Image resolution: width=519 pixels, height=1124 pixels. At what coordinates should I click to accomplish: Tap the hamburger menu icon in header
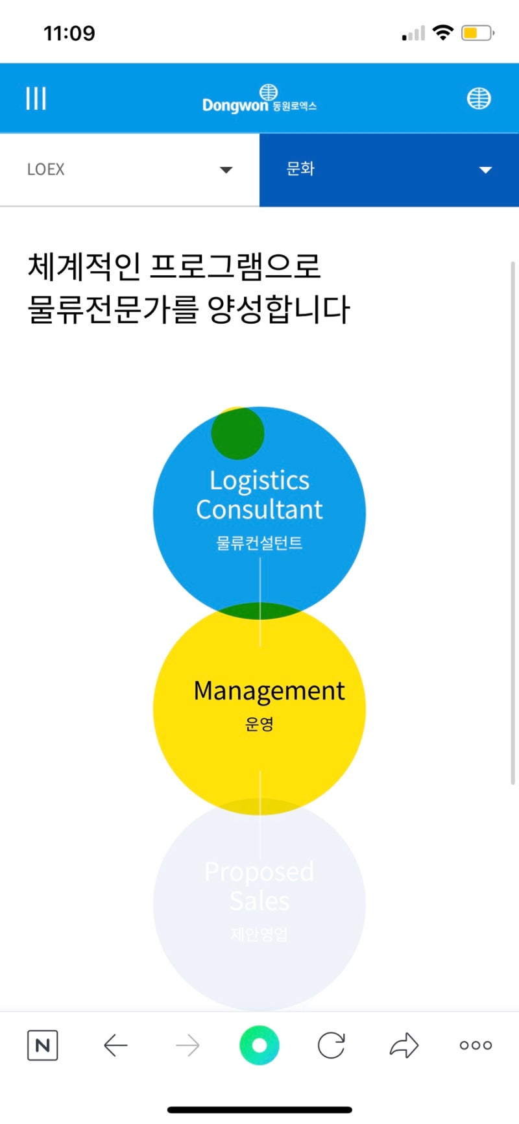pos(36,99)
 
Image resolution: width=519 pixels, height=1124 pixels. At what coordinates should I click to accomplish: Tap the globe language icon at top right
pos(479,99)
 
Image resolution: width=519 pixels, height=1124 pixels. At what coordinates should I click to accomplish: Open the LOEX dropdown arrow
pos(226,170)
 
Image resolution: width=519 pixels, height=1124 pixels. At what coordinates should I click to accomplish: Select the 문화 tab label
pos(300,169)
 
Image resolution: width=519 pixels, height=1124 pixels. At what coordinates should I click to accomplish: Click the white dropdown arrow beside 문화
pos(485,170)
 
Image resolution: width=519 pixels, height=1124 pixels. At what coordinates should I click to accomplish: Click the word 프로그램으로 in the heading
pos(235,266)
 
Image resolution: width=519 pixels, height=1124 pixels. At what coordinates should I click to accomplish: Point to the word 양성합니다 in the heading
pos(279,309)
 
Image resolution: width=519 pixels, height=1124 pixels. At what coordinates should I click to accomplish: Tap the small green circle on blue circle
pos(237,433)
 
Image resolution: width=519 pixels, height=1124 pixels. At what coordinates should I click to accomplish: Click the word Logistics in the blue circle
pos(259,480)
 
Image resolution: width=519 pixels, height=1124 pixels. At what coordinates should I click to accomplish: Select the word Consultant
pos(259,509)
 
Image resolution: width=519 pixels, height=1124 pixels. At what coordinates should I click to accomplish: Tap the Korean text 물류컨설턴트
pos(259,543)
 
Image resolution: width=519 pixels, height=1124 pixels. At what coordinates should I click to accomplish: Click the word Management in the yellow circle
pos(269,691)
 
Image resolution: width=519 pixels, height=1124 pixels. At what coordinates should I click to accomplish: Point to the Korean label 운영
pos(259,724)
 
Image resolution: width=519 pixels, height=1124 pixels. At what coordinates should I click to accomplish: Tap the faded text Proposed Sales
pos(259,886)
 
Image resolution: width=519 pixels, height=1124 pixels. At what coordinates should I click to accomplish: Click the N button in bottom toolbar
pos(43,1045)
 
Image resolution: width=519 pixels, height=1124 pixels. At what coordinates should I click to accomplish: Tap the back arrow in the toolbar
pos(115,1045)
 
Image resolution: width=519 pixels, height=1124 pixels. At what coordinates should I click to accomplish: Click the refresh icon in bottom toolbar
pos(332,1045)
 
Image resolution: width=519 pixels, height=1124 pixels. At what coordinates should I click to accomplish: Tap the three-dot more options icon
pos(476,1045)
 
